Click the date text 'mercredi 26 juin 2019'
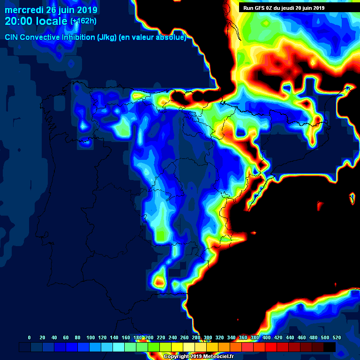coord(51,10)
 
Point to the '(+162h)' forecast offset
coord(83,21)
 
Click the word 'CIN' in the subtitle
coord(11,37)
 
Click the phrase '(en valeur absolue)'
coord(154,37)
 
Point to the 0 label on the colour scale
coord(30,337)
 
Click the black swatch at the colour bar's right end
coord(330,347)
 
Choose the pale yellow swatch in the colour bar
coord(189,347)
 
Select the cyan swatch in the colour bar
coord(119,347)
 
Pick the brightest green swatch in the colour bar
coord(154,347)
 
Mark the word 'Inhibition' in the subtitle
coord(79,37)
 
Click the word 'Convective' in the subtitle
coord(40,37)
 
